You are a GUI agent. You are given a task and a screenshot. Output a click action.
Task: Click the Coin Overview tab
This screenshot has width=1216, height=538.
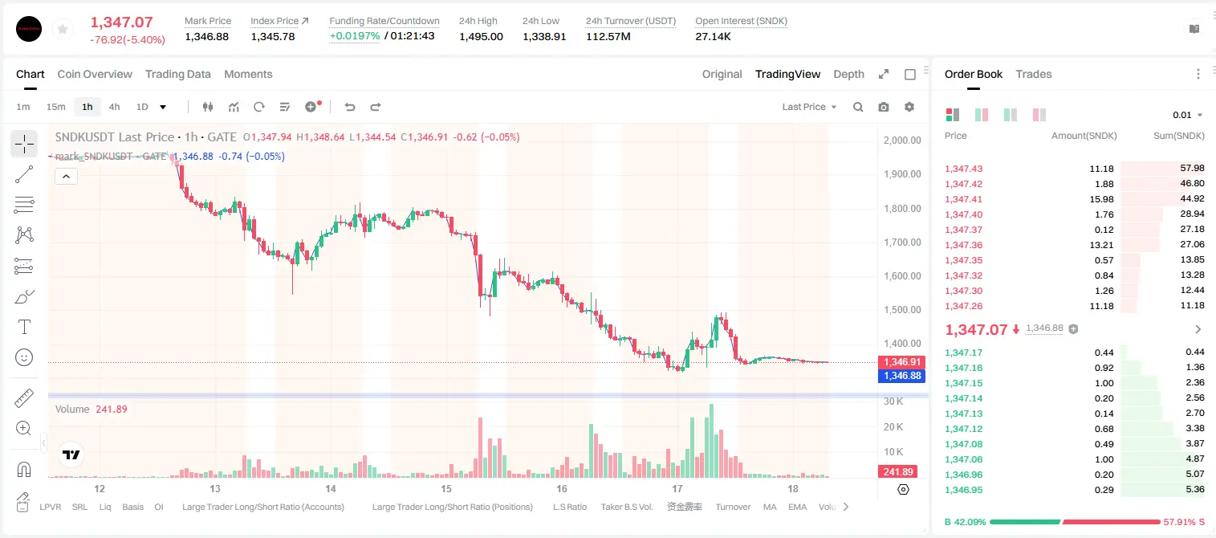(x=95, y=74)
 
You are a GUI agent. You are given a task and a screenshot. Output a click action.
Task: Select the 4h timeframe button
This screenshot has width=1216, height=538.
(x=114, y=107)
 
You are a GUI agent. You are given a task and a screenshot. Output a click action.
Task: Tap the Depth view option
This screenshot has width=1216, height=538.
(x=848, y=74)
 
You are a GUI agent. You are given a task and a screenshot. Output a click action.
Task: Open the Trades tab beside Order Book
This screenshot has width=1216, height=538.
(x=1034, y=74)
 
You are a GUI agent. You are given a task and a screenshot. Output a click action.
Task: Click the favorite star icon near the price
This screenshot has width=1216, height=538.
(x=63, y=29)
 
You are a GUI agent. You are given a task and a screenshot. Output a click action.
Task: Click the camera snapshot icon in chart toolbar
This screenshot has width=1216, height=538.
(x=884, y=107)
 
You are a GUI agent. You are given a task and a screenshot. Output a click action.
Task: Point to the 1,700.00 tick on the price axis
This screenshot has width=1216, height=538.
(x=902, y=243)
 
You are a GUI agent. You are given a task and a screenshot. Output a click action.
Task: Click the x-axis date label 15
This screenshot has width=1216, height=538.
(x=445, y=488)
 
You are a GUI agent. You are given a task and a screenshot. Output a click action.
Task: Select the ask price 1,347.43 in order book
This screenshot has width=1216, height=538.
(x=964, y=169)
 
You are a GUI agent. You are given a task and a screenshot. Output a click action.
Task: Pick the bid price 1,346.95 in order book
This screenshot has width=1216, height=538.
(x=964, y=490)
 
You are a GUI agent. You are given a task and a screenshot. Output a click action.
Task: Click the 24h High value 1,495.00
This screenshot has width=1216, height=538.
(x=481, y=36)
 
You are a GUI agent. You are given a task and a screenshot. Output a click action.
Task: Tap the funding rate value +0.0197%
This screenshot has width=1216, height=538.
(x=355, y=36)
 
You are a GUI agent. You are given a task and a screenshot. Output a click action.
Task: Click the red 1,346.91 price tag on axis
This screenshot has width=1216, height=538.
(x=901, y=361)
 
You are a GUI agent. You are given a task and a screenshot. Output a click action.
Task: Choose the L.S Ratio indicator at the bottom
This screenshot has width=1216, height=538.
(x=569, y=507)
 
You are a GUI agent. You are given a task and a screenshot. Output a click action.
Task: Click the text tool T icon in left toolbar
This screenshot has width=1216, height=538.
(x=24, y=327)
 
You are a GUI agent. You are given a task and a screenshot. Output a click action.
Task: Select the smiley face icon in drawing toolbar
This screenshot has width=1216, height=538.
(x=24, y=357)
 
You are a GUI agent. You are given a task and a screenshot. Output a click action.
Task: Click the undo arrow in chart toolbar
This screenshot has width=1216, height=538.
(x=350, y=107)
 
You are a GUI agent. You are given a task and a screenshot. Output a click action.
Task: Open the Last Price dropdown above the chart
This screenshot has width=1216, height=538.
(x=809, y=107)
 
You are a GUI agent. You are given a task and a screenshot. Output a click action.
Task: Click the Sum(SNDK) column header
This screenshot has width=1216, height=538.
(x=1178, y=136)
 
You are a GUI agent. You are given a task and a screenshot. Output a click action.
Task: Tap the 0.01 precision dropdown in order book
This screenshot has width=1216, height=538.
(x=1187, y=115)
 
